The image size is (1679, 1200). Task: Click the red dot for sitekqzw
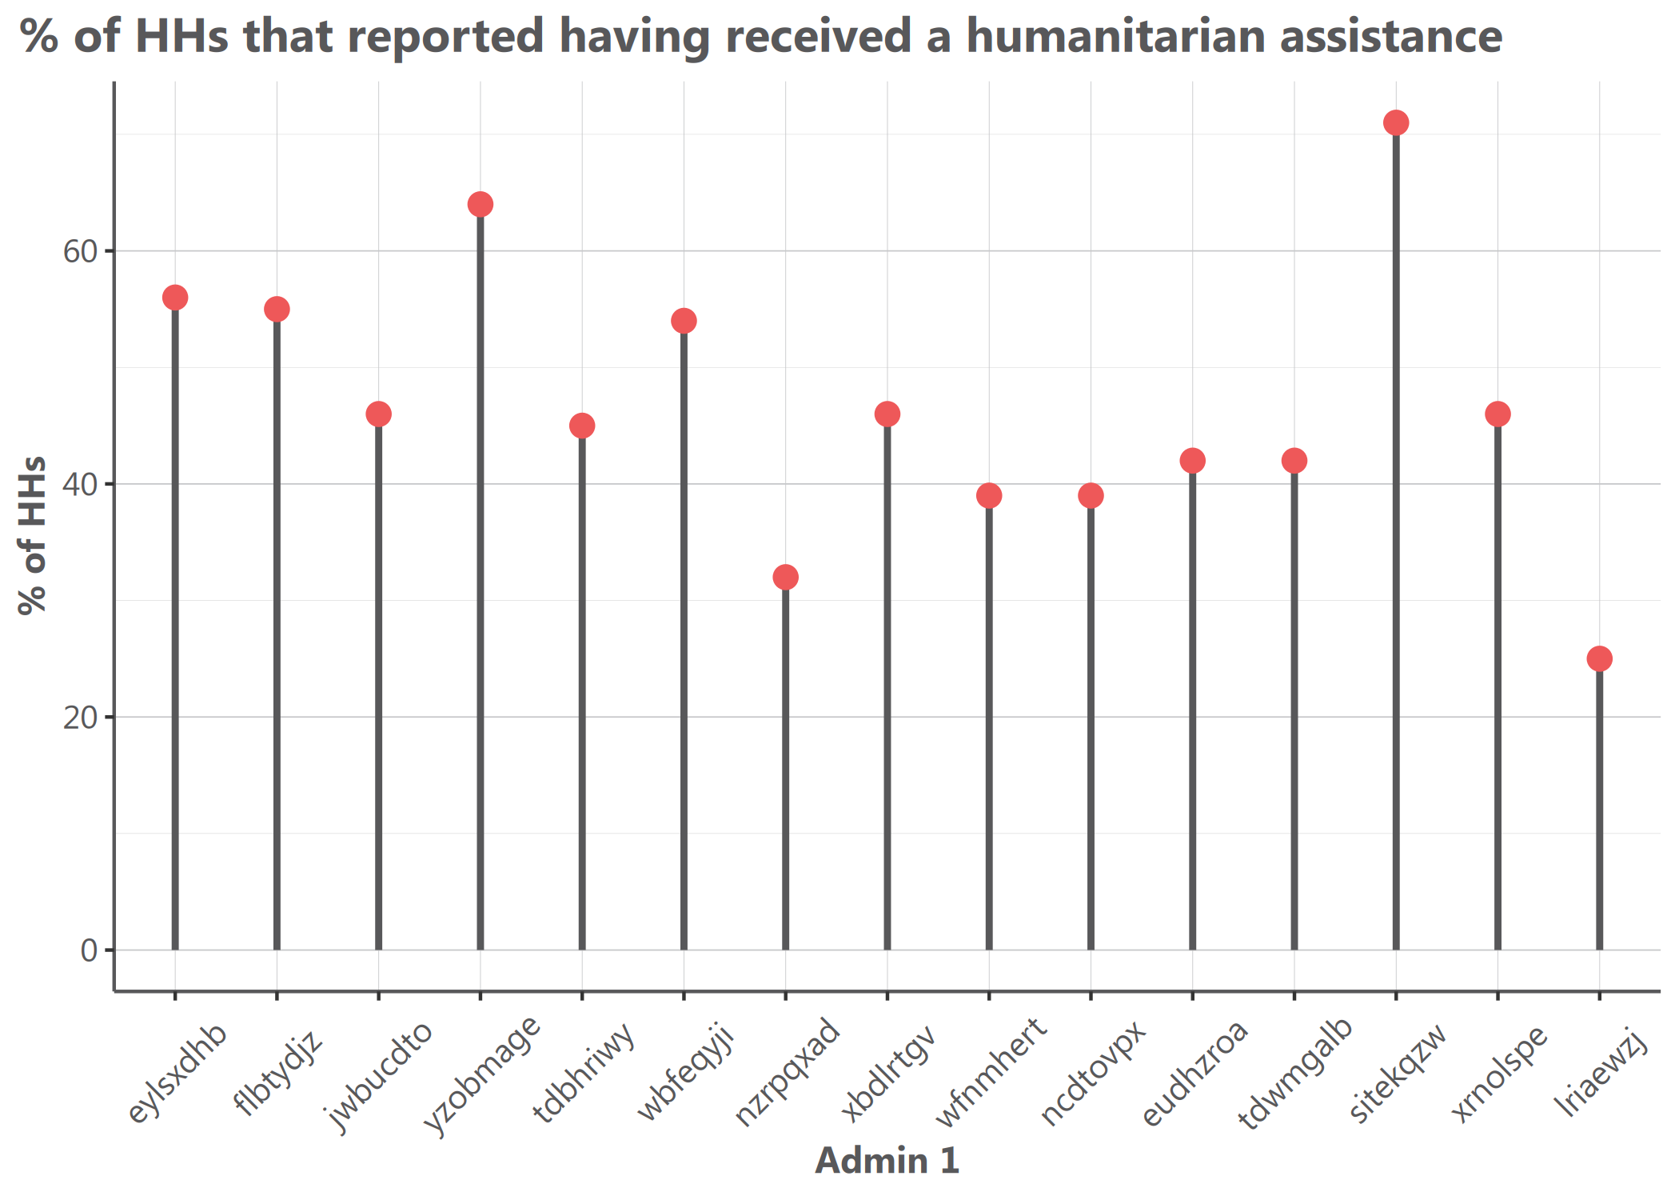click(x=1396, y=123)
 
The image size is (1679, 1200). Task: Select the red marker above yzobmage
click(x=481, y=205)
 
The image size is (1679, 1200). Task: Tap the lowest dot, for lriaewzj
click(x=1599, y=659)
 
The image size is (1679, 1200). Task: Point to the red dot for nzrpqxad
click(x=786, y=577)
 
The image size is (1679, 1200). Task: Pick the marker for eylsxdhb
click(x=175, y=298)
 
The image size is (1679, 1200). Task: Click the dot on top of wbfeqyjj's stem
click(x=684, y=321)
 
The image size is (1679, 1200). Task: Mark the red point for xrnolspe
click(x=1498, y=414)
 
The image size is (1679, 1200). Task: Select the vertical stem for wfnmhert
click(x=989, y=720)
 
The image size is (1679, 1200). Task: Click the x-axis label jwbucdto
click(x=381, y=1077)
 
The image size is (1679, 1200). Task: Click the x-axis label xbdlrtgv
click(x=888, y=1072)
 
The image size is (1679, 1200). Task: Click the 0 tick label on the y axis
click(x=88, y=950)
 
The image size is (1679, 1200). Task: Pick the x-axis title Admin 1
click(x=887, y=1161)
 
